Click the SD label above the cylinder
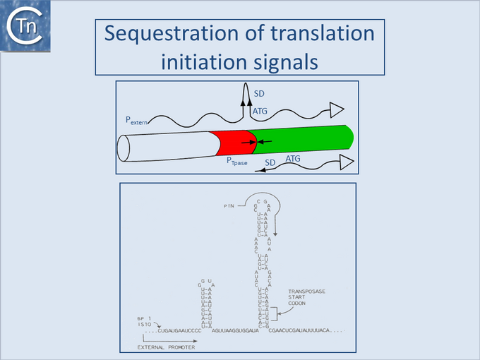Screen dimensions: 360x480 click(x=259, y=94)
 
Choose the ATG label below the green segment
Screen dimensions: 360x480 click(x=293, y=160)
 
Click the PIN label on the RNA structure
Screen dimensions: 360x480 click(x=229, y=205)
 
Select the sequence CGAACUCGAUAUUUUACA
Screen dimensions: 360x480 click(x=311, y=330)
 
